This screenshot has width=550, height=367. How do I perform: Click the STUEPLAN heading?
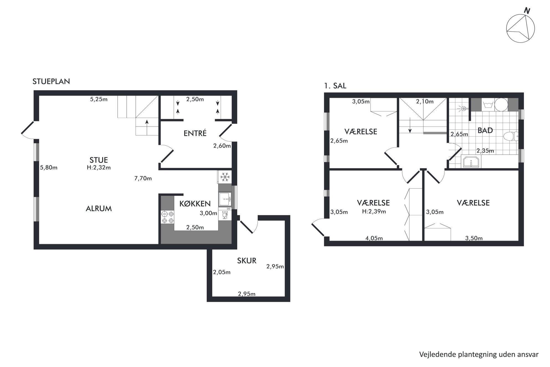[x=51, y=81]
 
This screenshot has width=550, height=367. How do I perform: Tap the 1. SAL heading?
[x=335, y=86]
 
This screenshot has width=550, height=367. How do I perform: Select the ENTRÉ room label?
[x=195, y=133]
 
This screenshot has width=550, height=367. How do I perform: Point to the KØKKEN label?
[x=195, y=204]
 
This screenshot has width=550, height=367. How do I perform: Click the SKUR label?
[x=247, y=260]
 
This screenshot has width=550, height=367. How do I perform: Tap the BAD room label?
[x=485, y=130]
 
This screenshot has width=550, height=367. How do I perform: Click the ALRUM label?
[x=99, y=209]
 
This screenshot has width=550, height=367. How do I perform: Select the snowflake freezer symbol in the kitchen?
[x=224, y=177]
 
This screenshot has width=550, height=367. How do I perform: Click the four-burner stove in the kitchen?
[x=167, y=217]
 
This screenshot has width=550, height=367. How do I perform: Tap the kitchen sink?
[x=225, y=199]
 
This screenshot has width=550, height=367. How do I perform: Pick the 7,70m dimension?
[x=143, y=178]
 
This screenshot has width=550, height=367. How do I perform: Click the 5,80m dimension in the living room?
[x=49, y=168]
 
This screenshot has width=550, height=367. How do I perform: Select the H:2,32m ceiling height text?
[x=99, y=168]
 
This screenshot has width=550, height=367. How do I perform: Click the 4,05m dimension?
[x=374, y=238]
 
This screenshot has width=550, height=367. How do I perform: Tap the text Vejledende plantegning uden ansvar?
[x=479, y=354]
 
